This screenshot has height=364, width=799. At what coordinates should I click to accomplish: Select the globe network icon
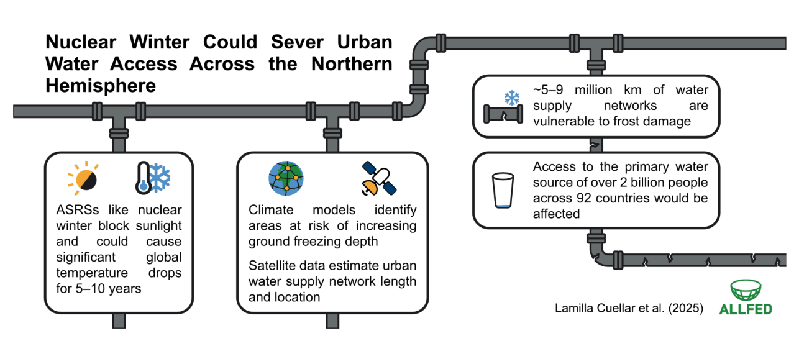tap(286, 178)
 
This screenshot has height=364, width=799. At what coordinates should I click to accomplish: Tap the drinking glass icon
tap(503, 190)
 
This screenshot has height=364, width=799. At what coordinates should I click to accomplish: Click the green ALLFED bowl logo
tap(746, 290)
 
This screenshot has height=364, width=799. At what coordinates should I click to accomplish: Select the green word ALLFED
tap(745, 309)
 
